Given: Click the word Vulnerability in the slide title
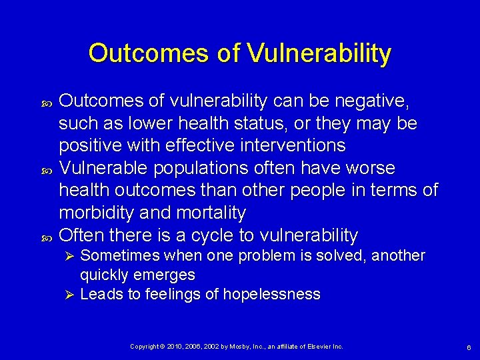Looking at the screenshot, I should [319, 53].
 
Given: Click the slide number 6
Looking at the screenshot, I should [469, 347].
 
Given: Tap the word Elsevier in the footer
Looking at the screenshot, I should [317, 347].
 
